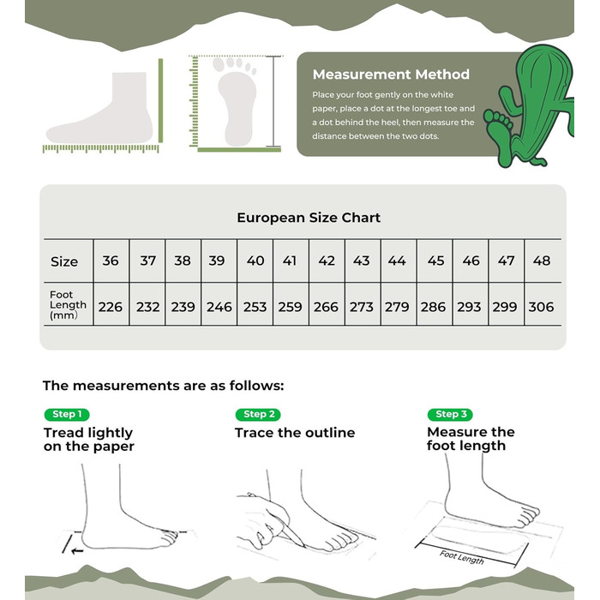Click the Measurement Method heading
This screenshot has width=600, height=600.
[391, 75]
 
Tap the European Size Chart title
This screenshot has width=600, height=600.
[309, 218]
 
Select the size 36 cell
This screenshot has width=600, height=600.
[111, 261]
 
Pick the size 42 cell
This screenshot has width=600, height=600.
[327, 261]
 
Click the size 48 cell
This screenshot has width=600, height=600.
[542, 261]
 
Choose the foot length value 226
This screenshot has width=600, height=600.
[111, 307]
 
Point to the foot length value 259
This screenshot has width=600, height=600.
[290, 307]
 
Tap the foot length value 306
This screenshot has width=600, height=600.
[541, 307]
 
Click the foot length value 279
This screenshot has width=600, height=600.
[397, 307]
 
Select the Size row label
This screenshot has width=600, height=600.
[64, 261]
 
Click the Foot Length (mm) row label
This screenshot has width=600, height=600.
[68, 305]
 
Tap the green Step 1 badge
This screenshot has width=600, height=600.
[67, 414]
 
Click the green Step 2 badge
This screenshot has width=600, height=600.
[258, 414]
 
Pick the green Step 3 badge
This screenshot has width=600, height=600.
[450, 414]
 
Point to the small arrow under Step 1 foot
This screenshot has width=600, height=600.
[78, 551]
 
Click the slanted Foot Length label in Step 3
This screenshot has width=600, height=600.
[461, 557]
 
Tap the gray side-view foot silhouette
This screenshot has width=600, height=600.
[100, 109]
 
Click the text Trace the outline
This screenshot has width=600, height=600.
[295, 433]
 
